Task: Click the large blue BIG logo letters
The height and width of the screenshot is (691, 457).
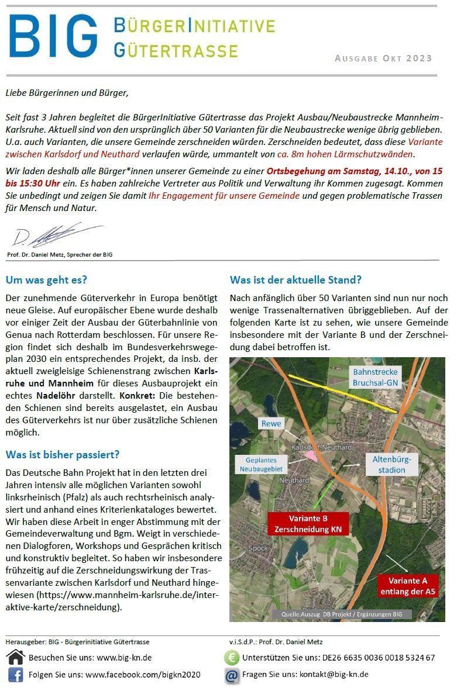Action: (x=53, y=36)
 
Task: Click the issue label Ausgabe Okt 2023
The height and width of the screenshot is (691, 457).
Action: (x=383, y=58)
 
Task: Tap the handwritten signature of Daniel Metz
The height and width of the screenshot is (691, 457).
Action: (x=56, y=235)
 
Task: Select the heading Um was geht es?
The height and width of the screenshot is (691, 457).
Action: (x=46, y=279)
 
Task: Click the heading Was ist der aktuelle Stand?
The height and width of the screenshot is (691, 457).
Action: (x=295, y=279)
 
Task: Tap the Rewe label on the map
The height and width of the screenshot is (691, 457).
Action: (x=272, y=423)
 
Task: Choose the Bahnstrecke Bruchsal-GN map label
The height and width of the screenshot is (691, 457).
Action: (x=375, y=376)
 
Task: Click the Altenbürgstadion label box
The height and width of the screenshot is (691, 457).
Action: (x=391, y=464)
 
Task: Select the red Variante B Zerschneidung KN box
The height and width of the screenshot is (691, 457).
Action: (x=308, y=524)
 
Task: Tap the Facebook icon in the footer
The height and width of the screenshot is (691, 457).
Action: (x=15, y=675)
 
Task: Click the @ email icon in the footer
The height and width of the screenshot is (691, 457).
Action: (x=232, y=675)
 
